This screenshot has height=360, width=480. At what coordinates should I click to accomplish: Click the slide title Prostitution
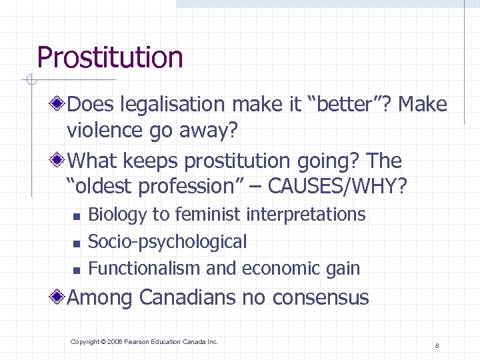tap(110, 57)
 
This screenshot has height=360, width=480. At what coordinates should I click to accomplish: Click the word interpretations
tap(306, 215)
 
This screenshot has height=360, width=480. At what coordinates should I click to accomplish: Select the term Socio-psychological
tap(167, 241)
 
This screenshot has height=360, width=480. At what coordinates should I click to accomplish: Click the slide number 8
tap(436, 345)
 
